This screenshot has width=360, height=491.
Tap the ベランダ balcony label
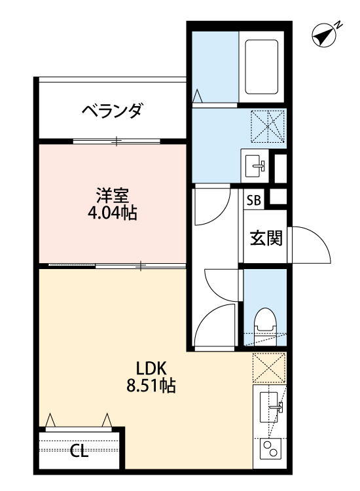point(112,111)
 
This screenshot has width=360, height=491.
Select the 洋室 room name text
point(113,195)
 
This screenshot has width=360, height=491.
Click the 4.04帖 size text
point(113,213)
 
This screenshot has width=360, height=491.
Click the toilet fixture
point(265,321)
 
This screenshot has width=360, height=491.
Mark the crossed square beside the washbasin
point(269,125)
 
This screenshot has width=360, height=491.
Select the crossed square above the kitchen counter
point(269,369)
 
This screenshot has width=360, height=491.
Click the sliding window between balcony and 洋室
point(117,141)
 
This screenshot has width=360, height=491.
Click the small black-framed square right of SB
point(279,196)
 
